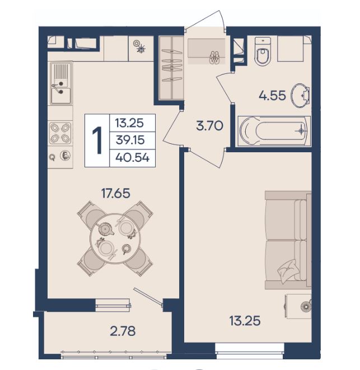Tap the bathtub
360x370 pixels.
tap(274, 131)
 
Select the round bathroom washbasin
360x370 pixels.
tap(300, 95)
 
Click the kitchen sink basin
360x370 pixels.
tap(61, 96)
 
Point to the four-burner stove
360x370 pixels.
tap(60, 133)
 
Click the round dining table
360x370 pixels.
tap(115, 238)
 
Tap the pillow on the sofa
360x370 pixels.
tap(288, 271)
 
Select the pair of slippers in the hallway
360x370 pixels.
tap(214, 58)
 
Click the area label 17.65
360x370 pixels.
tap(115, 193)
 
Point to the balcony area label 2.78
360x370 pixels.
tap(123, 331)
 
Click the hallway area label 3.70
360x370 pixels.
tap(209, 125)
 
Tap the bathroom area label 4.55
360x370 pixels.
tap(272, 96)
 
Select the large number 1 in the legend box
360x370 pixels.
tap(97, 140)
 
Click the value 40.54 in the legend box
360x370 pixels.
tap(133, 157)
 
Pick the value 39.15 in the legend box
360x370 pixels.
tap(130, 140)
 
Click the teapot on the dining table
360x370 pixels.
tap(105, 229)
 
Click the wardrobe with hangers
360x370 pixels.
tap(171, 68)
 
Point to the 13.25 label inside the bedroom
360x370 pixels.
tap(245, 321)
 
